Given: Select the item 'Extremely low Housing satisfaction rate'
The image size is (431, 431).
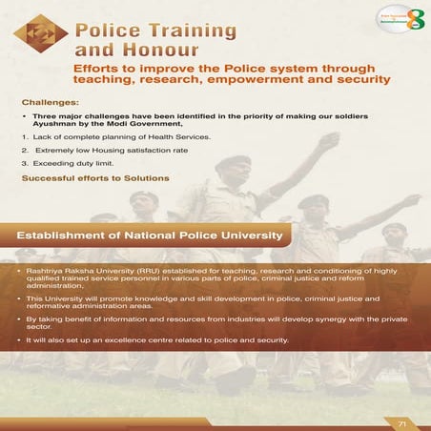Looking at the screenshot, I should [107, 151].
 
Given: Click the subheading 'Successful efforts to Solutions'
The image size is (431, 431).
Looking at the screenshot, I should [94, 178].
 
